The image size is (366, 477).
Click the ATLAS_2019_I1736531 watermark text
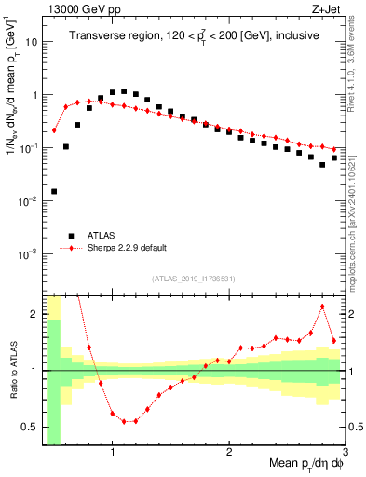(x=193, y=279)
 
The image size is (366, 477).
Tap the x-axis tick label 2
(x=229, y=455)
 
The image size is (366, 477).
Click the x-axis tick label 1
(x=113, y=455)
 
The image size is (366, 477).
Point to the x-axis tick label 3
(x=345, y=455)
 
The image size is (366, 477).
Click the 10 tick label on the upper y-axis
(x=30, y=42)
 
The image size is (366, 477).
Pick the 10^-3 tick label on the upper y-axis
(x=28, y=254)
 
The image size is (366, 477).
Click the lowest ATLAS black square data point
(x=54, y=191)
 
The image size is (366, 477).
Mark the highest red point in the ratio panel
(x=322, y=307)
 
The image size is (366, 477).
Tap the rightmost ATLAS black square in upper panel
(x=333, y=158)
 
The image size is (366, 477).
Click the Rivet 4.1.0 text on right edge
(x=356, y=56)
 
